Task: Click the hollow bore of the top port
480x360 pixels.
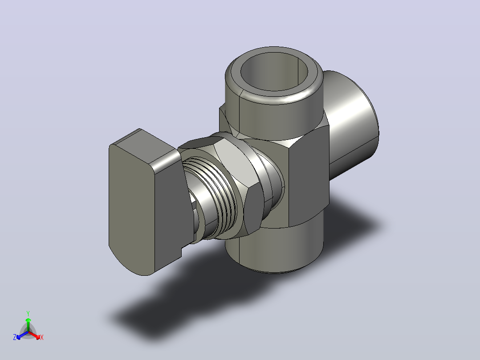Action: click(274, 72)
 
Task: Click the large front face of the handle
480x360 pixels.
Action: click(132, 209)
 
